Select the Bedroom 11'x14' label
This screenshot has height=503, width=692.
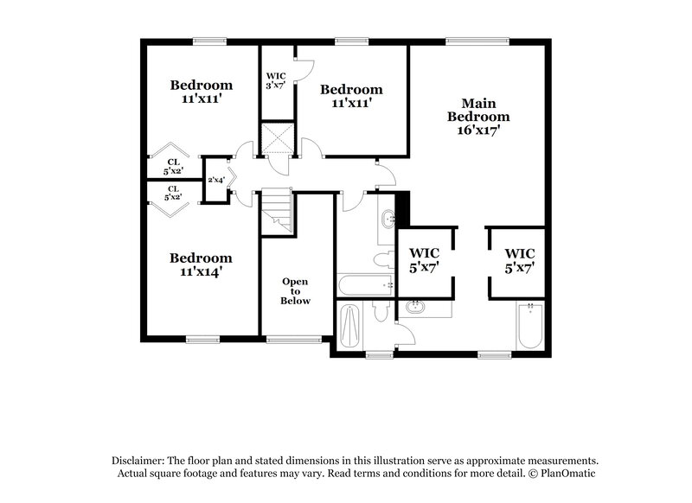(x=201, y=264)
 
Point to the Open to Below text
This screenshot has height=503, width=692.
(x=295, y=290)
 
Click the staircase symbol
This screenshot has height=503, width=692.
(x=278, y=211)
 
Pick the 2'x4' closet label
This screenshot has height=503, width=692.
(x=216, y=180)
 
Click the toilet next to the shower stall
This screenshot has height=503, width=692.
(x=379, y=314)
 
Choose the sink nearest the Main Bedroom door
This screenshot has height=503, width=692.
(x=387, y=220)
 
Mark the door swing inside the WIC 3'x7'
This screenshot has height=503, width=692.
(x=304, y=71)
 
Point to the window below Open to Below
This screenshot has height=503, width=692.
(x=286, y=339)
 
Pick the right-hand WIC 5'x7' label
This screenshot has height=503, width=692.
(x=520, y=260)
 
